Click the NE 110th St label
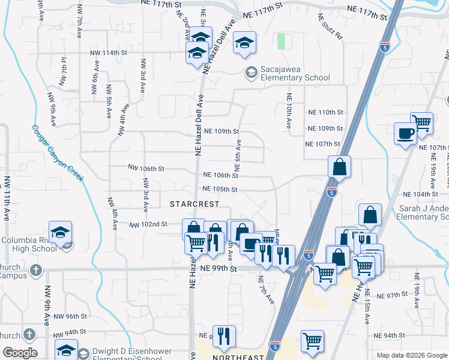324,112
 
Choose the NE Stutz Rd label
330,26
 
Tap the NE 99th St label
219,269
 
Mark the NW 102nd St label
148,224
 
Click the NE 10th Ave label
289,111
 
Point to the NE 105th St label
221,190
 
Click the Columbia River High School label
29,245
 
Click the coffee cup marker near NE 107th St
405,133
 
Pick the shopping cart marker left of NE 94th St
313,341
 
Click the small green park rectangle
281,41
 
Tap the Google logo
19,353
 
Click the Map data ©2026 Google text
412,355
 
